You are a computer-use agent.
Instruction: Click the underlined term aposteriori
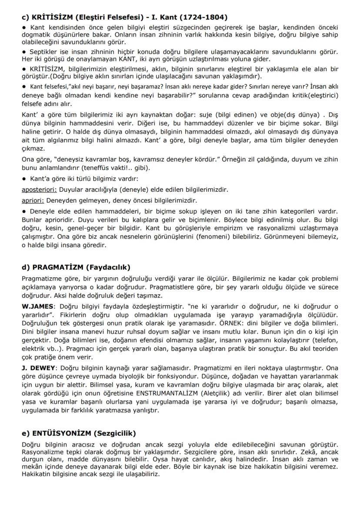point(39,190)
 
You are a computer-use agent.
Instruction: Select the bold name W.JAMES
point(37,306)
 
